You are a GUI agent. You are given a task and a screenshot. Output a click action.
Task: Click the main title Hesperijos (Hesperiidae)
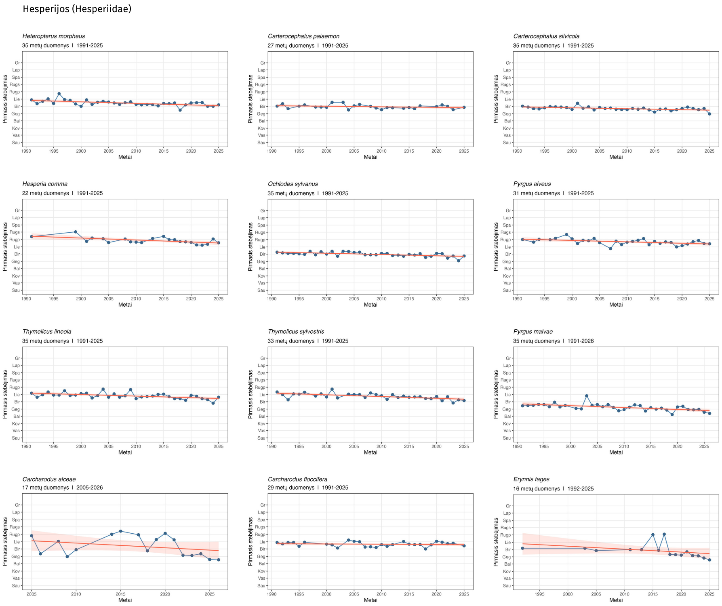[77, 9]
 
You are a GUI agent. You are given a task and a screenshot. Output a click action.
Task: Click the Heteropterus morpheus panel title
[54, 36]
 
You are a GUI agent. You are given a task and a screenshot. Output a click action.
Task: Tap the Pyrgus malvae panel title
[533, 332]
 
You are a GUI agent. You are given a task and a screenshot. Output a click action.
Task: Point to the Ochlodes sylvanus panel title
[293, 184]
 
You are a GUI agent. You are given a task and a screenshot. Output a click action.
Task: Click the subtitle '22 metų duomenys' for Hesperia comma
[46, 193]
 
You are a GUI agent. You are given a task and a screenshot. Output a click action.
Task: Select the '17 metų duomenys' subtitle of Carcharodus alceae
[46, 488]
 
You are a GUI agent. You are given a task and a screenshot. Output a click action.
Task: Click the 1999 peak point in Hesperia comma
[76, 232]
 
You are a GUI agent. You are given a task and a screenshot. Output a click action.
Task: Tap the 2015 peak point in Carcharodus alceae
[121, 531]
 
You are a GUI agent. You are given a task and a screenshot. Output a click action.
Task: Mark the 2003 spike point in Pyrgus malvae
[587, 396]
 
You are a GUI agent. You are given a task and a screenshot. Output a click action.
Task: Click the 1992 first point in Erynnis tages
[523, 548]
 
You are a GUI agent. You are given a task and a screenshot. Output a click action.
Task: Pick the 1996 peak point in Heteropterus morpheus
[59, 94]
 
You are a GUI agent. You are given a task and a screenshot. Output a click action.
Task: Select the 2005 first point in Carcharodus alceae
[32, 536]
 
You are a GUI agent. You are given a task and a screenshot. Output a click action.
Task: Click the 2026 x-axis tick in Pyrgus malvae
[704, 446]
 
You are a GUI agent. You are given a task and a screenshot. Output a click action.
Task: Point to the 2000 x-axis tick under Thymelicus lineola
[81, 446]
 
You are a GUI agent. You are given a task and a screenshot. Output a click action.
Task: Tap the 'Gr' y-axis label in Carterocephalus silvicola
[508, 63]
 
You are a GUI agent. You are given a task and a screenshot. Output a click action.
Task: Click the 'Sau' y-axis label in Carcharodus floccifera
[261, 585]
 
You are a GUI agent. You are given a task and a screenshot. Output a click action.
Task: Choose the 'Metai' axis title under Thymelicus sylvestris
[370, 452]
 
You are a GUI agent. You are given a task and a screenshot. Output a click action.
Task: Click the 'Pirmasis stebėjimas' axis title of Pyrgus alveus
[496, 246]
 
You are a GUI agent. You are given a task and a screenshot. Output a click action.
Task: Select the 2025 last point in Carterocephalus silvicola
[709, 114]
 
